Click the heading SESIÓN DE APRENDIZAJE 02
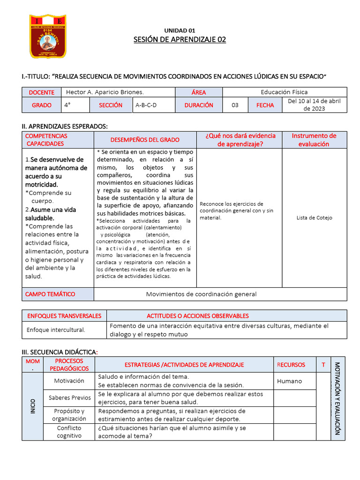point(180,39)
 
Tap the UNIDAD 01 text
point(180,30)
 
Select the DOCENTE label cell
point(42,92)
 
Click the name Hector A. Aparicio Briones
point(105,92)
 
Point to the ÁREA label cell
point(199,92)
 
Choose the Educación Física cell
point(284,92)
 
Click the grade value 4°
point(67,105)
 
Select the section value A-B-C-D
point(146,105)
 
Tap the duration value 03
point(235,105)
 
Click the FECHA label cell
point(265,105)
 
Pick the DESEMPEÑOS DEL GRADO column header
point(145,140)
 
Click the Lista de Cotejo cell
point(314,217)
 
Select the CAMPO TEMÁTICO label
point(50,294)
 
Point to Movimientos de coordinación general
point(201,294)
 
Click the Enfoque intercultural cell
point(56,330)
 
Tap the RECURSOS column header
point(291,364)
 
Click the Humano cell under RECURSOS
point(290,381)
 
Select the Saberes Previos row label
point(69,397)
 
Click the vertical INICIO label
point(32,406)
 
